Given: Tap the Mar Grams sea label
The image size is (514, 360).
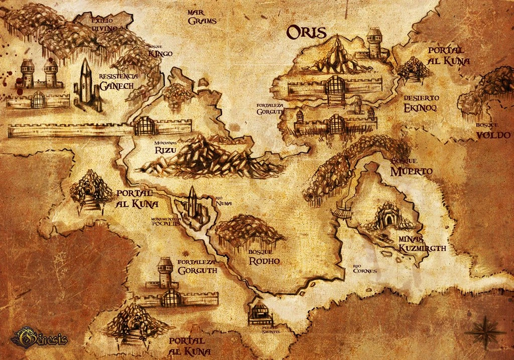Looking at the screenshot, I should point(202,17).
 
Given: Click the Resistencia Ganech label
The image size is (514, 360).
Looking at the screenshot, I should point(118,81).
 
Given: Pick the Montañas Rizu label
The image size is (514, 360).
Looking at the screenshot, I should point(164,147).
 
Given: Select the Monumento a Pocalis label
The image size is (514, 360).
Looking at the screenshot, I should point(165,222).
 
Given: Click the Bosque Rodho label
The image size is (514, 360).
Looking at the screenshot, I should point(264,257).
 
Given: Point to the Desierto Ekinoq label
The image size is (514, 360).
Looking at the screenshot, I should point(421,103).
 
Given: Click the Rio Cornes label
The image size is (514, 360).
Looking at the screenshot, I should point(364,268).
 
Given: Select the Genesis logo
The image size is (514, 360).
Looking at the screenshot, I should point(39,336).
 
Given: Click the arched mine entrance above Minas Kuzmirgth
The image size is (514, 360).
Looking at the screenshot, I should point(389,218).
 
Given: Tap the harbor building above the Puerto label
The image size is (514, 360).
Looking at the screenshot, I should point(260,311).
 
